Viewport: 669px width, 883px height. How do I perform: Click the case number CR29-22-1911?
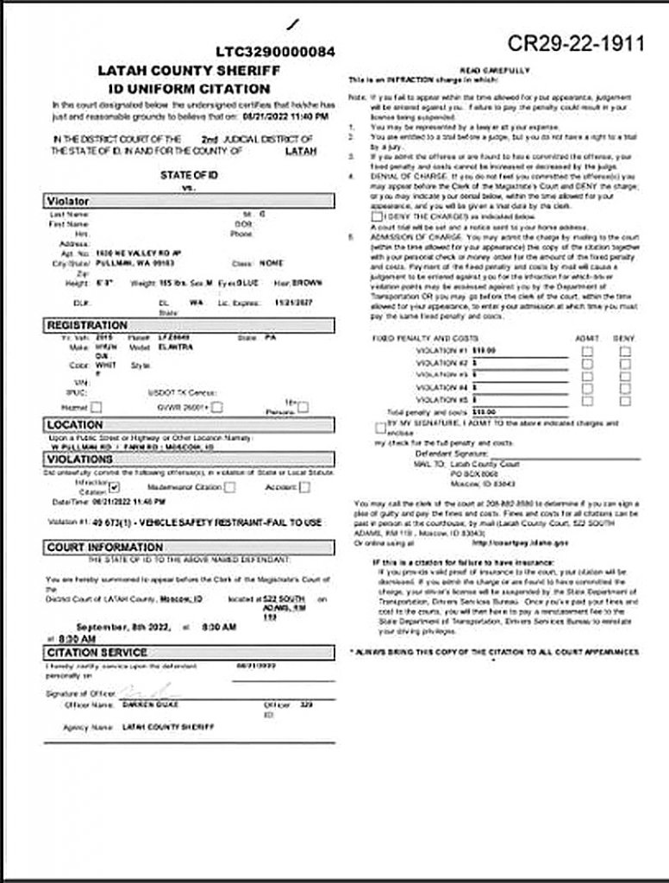pyautogui.click(x=575, y=43)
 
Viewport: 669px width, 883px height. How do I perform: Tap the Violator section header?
pyautogui.click(x=69, y=201)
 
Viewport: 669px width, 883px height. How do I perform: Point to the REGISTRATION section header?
pyautogui.click(x=86, y=325)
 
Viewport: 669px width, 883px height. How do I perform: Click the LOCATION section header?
pyautogui.click(x=75, y=424)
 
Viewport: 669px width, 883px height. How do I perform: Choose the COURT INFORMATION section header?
pyautogui.click(x=104, y=547)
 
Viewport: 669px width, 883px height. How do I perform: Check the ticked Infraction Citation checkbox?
pyautogui.click(x=114, y=487)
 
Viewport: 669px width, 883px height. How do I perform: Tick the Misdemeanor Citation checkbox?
pyautogui.click(x=230, y=487)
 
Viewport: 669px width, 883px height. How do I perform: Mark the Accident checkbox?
pyautogui.click(x=305, y=487)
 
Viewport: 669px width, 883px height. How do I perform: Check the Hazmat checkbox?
pyautogui.click(x=97, y=406)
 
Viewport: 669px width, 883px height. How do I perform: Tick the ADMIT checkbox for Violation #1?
pyautogui.click(x=586, y=351)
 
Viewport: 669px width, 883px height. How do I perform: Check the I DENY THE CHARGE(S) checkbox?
pyautogui.click(x=377, y=216)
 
